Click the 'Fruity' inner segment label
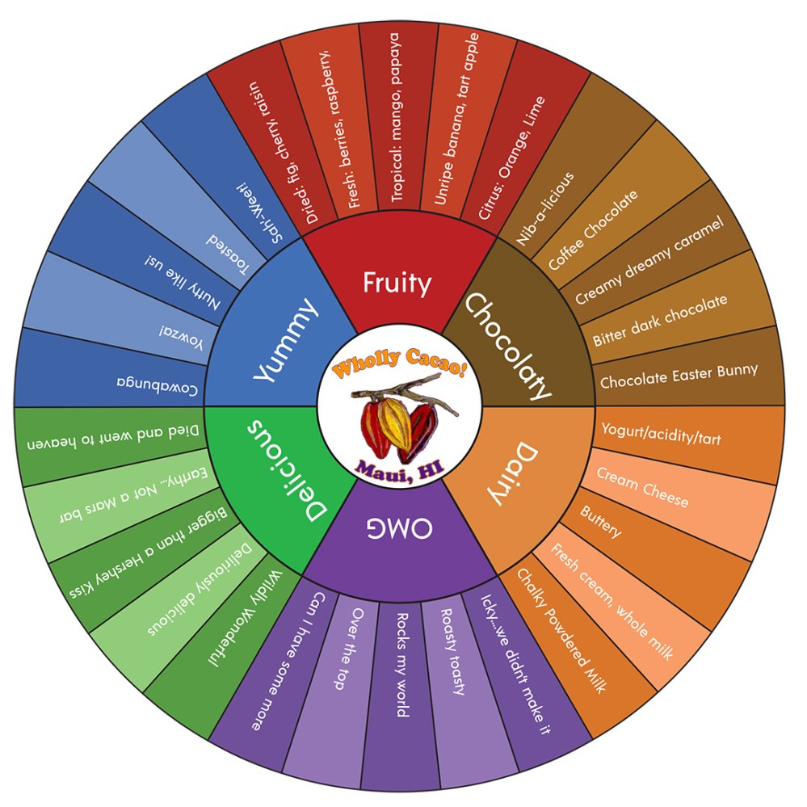pos(397,284)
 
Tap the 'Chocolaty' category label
pos(508,347)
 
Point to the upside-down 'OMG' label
pos(400,529)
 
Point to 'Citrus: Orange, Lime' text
pos(512,158)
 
